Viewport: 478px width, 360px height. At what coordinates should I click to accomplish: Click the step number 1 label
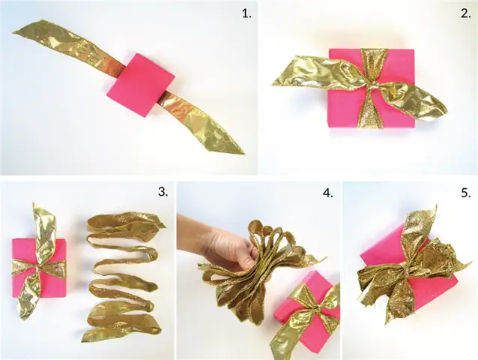click(246, 13)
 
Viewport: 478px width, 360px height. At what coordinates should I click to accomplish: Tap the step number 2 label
click(466, 13)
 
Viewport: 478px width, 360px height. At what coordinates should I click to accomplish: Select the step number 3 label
click(163, 191)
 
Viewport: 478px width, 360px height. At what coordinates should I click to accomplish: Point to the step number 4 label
click(327, 193)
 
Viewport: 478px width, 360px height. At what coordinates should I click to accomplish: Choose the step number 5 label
click(466, 193)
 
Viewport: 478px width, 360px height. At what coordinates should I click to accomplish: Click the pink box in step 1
click(141, 85)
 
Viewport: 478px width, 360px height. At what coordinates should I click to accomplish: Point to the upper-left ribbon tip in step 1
click(13, 33)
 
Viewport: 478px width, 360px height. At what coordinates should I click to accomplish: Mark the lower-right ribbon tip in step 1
click(244, 154)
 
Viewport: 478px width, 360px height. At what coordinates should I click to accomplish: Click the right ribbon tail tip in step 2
click(446, 112)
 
